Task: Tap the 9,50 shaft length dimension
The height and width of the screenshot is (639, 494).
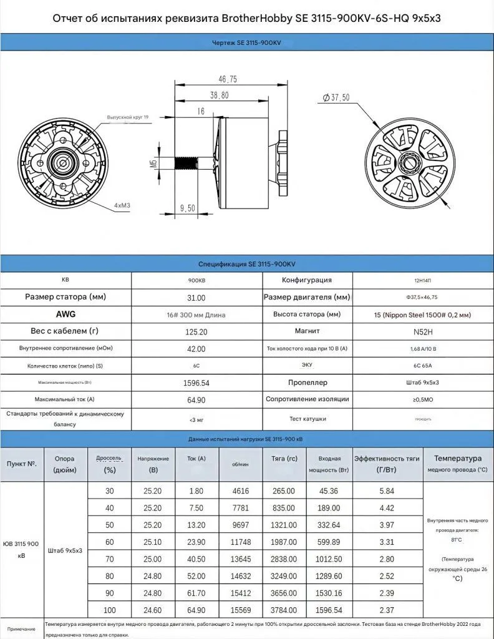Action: click(x=188, y=208)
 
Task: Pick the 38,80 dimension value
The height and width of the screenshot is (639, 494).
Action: click(x=219, y=95)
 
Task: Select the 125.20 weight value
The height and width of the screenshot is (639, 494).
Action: click(x=196, y=333)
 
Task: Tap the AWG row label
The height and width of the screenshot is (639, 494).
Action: click(x=65, y=315)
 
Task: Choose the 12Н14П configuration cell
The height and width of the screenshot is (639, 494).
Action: click(x=424, y=280)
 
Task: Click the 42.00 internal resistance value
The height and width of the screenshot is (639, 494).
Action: click(x=196, y=349)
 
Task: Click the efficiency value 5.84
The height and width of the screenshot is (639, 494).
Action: click(x=387, y=491)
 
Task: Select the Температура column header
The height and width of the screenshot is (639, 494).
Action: click(x=458, y=459)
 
